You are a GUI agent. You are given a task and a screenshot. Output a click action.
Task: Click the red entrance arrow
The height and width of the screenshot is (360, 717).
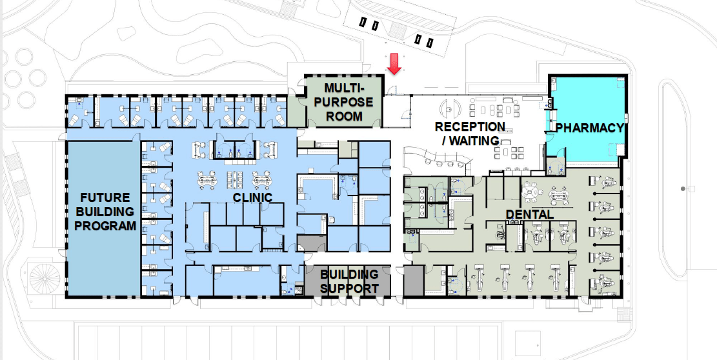394,63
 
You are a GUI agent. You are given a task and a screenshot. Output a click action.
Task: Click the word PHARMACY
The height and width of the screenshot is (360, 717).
589,128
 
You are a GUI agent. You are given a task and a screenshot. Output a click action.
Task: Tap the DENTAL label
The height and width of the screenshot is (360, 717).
529,214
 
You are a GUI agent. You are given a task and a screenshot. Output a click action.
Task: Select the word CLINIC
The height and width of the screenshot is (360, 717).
252,197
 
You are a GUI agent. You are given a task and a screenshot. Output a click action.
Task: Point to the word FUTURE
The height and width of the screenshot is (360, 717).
105,198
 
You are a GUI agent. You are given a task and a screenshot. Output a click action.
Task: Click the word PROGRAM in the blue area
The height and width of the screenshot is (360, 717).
105,225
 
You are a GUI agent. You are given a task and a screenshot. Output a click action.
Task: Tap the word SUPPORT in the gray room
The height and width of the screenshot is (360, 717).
349,288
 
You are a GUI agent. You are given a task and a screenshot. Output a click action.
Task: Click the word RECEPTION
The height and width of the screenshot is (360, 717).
470,126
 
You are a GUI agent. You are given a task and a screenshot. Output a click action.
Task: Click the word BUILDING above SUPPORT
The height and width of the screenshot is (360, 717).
349,275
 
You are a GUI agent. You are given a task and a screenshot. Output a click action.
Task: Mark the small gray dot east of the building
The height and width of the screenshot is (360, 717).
683,188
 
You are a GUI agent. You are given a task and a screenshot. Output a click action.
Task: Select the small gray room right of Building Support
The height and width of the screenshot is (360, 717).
414,281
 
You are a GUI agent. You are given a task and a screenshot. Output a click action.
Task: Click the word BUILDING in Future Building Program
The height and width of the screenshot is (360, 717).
105,212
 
